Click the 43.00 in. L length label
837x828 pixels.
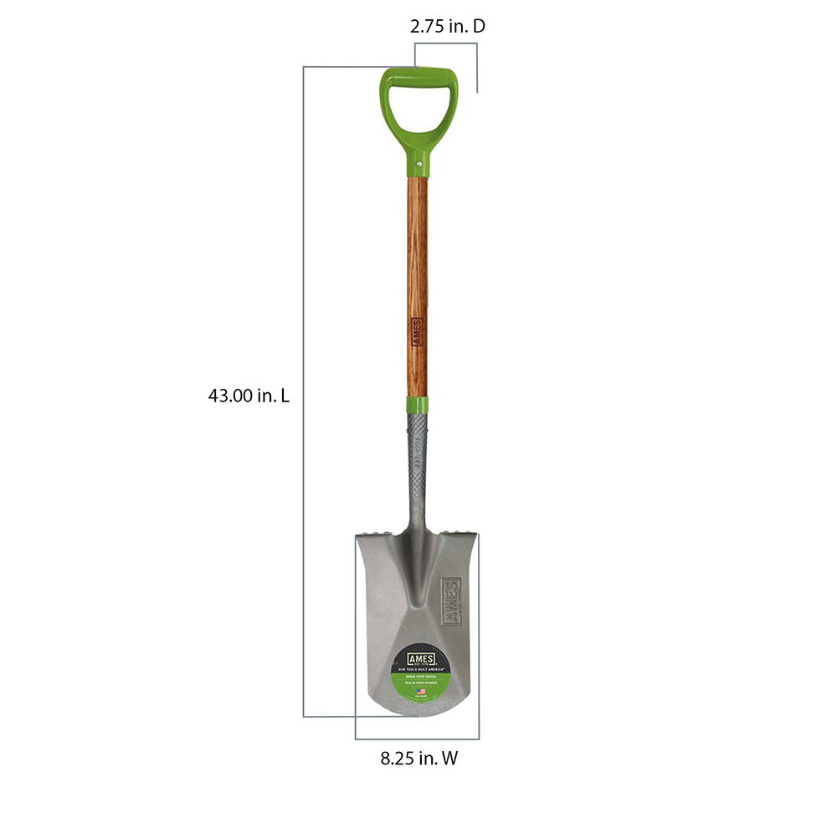[249, 396]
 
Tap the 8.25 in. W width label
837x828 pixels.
[418, 759]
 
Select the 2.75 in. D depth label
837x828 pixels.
[447, 26]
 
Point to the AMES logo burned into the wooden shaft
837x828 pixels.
[418, 330]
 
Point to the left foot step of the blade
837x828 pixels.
[377, 533]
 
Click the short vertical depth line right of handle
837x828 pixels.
[477, 79]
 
